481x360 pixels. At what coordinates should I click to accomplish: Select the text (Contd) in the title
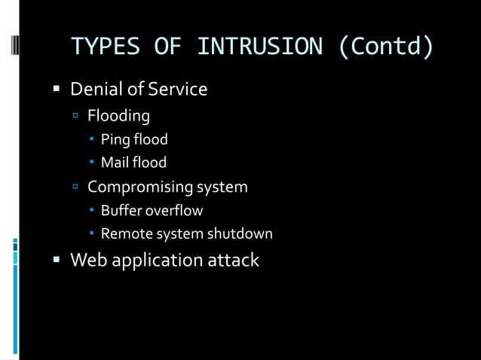[x=386, y=47]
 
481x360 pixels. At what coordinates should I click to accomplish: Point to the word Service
[x=176, y=90]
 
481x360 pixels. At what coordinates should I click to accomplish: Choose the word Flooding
[x=118, y=116]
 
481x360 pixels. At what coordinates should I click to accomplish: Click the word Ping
[x=114, y=139]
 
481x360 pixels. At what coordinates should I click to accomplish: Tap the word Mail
[x=115, y=162]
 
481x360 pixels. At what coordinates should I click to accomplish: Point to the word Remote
[x=124, y=234]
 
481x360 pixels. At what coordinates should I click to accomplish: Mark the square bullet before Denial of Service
[x=56, y=90]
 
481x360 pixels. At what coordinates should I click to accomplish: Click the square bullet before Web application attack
[x=56, y=261]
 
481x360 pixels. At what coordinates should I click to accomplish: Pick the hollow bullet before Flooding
[x=75, y=116]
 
